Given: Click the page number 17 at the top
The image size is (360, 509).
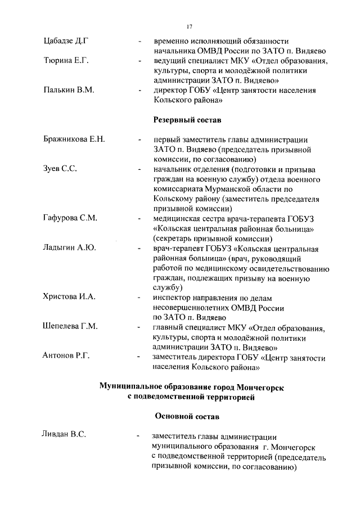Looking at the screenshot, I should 190,26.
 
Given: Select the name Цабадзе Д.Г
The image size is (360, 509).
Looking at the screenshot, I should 67,41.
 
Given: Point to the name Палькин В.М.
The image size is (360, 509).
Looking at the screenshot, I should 69,90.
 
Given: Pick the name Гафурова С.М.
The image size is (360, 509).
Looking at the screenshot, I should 71,218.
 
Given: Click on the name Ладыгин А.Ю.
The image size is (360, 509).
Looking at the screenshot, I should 69,247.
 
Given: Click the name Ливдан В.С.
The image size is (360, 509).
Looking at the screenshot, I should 64,434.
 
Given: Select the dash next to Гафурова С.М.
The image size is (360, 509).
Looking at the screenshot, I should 138,219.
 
